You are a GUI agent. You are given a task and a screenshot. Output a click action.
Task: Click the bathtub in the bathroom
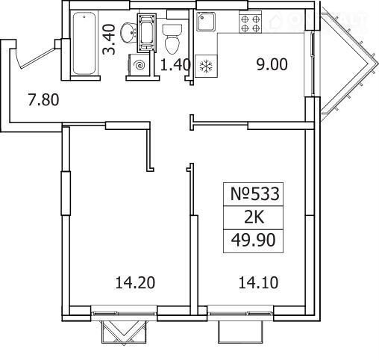[x=84, y=43]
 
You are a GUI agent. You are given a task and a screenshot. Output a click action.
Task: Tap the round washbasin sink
[x=128, y=33]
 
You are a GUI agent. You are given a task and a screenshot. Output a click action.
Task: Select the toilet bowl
[x=172, y=39]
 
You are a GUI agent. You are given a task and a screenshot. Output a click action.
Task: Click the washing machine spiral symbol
[x=139, y=65]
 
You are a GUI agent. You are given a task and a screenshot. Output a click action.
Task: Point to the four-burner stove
[x=250, y=23]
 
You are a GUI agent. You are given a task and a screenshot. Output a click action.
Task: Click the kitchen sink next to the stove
[x=206, y=22]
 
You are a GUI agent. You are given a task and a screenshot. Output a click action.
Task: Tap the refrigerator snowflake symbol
[x=206, y=66]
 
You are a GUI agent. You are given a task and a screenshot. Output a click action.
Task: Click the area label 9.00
[x=272, y=64]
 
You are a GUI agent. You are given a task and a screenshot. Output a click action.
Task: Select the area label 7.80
[x=43, y=99]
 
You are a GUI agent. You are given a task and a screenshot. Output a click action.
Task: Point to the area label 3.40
[x=110, y=39]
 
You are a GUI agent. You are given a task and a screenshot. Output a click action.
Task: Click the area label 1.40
[x=175, y=65]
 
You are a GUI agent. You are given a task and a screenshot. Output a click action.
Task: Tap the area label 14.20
[x=135, y=283]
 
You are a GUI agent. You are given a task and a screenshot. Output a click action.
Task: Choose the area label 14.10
[x=258, y=283]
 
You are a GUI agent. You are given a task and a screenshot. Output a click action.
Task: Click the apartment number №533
[x=255, y=194]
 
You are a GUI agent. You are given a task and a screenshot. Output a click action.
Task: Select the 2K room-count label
[x=254, y=218]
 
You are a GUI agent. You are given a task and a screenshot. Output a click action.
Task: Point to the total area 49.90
[x=253, y=240]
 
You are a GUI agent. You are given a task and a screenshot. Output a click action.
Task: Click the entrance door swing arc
[x=17, y=58]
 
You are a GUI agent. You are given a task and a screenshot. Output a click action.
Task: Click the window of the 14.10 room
[x=240, y=313]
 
